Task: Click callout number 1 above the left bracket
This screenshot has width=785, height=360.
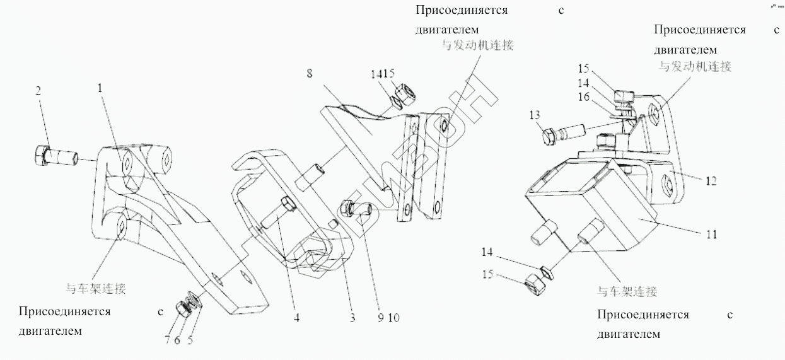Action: pos(100,89)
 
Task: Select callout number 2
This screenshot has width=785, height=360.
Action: pos(38,91)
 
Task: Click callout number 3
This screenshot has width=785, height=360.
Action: pos(352,318)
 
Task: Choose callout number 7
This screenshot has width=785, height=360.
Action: pos(168,340)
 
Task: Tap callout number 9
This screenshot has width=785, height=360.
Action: pos(381,318)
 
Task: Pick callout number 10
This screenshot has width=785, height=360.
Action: pos(393,318)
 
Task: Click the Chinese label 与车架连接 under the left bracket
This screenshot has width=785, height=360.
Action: pos(96,289)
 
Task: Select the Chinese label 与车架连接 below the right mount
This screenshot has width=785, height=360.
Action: pos(627,291)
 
